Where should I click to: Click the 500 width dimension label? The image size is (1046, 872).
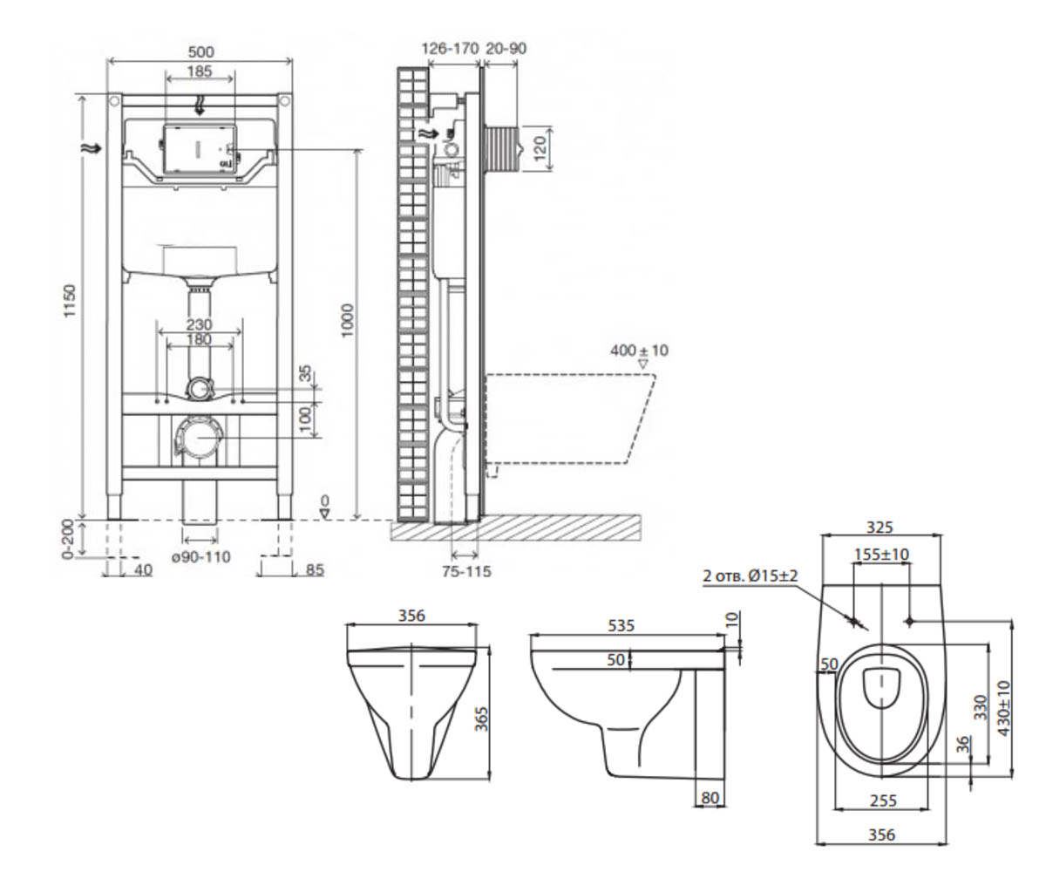point(200,51)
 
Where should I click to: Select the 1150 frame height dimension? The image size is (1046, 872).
point(70,300)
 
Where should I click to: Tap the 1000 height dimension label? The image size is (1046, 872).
point(347,321)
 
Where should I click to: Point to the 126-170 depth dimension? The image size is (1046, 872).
point(451,49)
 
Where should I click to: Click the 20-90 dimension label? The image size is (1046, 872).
point(506,49)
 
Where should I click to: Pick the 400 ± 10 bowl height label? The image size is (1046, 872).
point(639,351)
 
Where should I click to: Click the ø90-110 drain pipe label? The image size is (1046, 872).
point(200,557)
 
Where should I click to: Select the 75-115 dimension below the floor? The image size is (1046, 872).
point(466,571)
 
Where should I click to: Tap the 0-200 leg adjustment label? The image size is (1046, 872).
point(68,539)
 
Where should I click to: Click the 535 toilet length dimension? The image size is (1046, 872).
point(621,625)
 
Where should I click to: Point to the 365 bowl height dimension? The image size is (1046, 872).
point(481,719)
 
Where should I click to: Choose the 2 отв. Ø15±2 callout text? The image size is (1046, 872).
point(750,576)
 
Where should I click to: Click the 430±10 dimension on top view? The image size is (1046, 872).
point(1004,708)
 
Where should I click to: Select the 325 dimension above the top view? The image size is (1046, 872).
point(880,528)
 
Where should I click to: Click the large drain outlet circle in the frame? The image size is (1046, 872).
point(199,438)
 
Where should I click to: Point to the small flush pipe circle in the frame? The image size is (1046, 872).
point(200,388)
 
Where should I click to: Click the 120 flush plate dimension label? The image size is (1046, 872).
point(540,148)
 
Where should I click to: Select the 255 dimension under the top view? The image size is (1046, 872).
point(883,800)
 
